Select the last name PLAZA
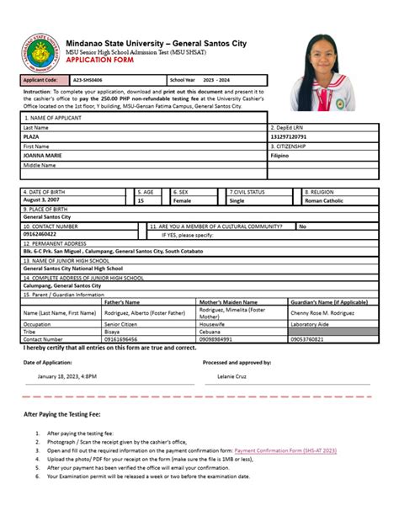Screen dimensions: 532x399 (31, 136)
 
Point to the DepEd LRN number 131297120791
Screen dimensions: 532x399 (289, 136)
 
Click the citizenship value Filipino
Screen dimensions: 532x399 (279, 156)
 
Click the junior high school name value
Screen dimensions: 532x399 (71, 269)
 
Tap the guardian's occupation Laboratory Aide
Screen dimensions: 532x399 (311, 323)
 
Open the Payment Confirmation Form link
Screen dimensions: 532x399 (285, 450)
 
